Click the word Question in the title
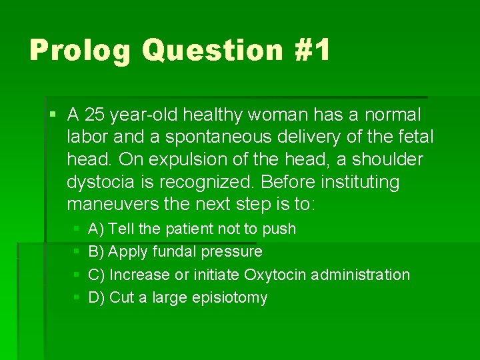pyautogui.click(x=212, y=51)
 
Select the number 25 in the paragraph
pyautogui.click(x=95, y=115)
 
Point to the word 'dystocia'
pyautogui.click(x=95, y=182)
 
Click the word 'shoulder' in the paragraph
pyautogui.click(x=390, y=159)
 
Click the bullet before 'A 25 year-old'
pyautogui.click(x=53, y=115)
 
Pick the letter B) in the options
pyautogui.click(x=96, y=251)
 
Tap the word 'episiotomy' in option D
pyautogui.click(x=230, y=297)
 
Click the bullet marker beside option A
pyautogui.click(x=75, y=229)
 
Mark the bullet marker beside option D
pyautogui.click(x=75, y=297)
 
